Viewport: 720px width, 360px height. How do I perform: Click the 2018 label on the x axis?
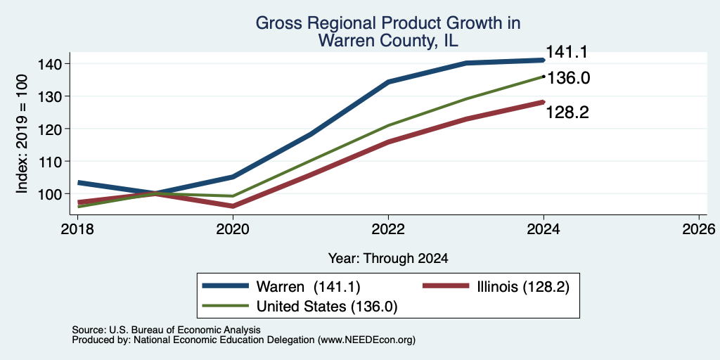[77, 229]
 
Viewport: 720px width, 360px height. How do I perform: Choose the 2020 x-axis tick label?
[233, 229]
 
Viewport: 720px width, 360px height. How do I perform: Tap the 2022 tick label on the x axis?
[388, 229]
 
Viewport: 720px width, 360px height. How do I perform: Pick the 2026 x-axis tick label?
[699, 229]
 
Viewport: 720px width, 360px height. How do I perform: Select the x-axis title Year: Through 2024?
[388, 259]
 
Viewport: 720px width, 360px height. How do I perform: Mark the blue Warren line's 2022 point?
[388, 82]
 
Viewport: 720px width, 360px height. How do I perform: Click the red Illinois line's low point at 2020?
[233, 206]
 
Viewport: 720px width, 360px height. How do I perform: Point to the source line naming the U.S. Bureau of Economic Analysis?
[166, 330]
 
